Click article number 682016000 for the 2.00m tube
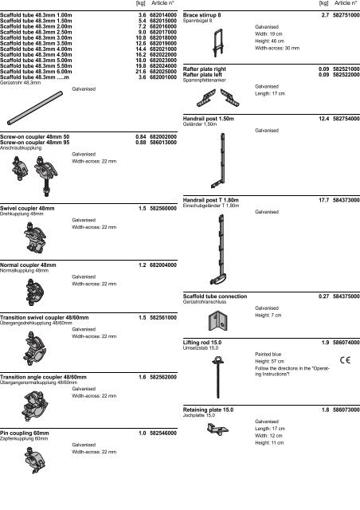[x=163, y=26]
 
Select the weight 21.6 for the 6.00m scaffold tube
[x=141, y=72]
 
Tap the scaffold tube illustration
[x=35, y=108]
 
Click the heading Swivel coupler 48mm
[x=27, y=209]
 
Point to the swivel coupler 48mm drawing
[x=36, y=237]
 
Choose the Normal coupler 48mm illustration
[x=35, y=292]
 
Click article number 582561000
[x=163, y=317]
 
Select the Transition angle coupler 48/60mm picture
[x=36, y=406]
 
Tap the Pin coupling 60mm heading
[x=25, y=433]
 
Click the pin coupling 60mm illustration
[x=35, y=461]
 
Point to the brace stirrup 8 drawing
[x=218, y=43]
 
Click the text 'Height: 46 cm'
[x=269, y=41]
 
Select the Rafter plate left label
[x=202, y=74]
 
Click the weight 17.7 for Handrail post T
[x=324, y=200]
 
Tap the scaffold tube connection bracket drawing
[x=217, y=320]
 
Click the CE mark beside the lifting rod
[x=346, y=360]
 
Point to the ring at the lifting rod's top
[x=217, y=359]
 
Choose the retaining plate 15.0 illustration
[x=217, y=429]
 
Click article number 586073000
[x=346, y=410]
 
